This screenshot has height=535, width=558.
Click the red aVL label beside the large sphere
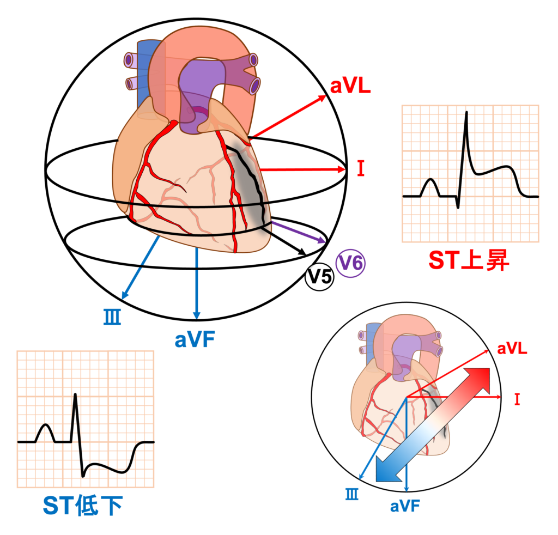350,86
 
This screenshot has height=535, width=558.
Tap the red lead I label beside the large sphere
361,168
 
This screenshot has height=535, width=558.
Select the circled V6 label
350,263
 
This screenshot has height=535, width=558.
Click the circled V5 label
319,276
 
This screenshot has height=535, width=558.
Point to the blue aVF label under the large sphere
195,340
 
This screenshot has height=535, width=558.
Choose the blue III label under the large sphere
112,317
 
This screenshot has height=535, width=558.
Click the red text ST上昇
469,260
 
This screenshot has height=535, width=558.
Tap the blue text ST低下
83,506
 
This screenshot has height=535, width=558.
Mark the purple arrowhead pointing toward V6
322,240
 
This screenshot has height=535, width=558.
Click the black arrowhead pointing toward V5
302,252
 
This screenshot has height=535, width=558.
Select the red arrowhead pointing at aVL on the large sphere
322,98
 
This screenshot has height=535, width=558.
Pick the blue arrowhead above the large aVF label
196,315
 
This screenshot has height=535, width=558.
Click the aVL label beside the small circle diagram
512,349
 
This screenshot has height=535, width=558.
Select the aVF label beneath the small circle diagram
405,506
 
